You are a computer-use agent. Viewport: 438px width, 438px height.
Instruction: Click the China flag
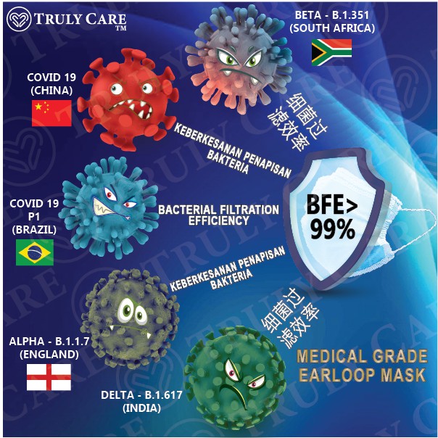51,110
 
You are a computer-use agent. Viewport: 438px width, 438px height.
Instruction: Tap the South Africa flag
331,51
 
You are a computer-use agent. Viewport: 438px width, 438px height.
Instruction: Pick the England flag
49,376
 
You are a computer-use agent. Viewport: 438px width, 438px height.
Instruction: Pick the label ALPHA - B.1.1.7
44,341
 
